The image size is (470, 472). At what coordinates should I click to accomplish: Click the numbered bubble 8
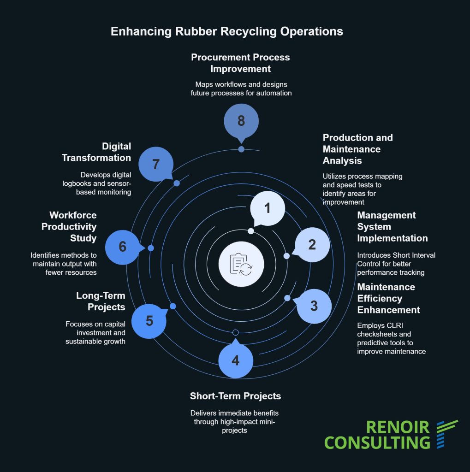click(241, 121)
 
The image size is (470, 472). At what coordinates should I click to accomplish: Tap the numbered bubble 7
click(156, 165)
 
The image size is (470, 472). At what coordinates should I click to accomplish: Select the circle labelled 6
click(123, 247)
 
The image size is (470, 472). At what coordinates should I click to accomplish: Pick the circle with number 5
click(149, 321)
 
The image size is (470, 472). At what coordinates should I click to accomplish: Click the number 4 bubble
click(235, 360)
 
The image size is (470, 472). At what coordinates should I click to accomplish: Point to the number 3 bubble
click(314, 306)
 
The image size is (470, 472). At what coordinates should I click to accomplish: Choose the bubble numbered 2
click(312, 245)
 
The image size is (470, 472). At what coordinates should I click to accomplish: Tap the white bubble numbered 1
click(267, 208)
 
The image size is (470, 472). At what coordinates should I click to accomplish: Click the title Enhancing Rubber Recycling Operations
click(227, 31)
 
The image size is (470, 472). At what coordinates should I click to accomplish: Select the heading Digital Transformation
click(96, 152)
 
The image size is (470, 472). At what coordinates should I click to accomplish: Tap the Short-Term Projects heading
click(235, 396)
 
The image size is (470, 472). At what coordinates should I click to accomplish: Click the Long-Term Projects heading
click(101, 301)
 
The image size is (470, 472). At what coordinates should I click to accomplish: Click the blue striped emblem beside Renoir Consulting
click(446, 433)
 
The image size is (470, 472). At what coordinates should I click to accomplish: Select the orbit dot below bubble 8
click(241, 149)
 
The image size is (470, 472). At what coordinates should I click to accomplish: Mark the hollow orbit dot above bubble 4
click(235, 333)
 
